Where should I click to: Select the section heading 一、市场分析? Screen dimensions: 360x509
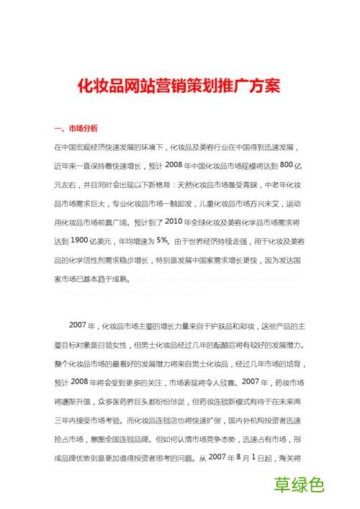point(75,130)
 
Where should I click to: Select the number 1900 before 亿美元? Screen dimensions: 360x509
point(80,240)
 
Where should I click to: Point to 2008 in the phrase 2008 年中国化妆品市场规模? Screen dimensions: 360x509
point(177,165)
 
